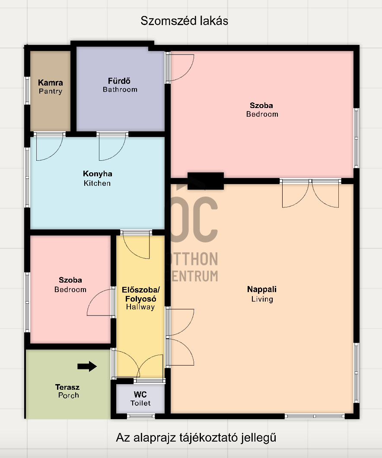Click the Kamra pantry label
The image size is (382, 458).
coord(51,87)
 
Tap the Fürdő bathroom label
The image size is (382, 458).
coord(120,85)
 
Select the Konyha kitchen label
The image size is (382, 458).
coord(97,178)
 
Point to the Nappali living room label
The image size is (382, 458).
coord(262,294)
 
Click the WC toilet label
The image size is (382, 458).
coord(140,399)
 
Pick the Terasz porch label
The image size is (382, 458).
coord(67,391)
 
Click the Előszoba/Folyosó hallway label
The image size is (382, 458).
coord(140,298)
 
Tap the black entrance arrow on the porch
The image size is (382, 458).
coord(87,366)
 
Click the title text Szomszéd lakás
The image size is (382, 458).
coord(184,21)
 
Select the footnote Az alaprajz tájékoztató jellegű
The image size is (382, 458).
coord(196,438)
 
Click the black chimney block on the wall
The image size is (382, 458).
coord(206,181)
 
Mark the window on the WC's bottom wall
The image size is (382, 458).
coord(141,416)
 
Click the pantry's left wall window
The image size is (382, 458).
coord(28,91)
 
